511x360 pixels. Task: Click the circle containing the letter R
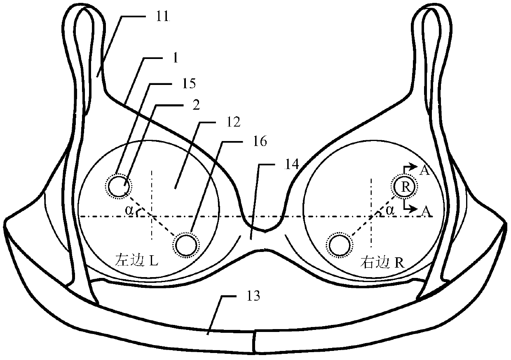[405, 187]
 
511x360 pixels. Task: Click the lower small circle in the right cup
[340, 245]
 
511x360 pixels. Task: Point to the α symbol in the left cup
[130, 210]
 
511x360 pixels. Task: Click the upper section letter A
[424, 171]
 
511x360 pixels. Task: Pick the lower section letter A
[424, 210]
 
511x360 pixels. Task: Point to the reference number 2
[196, 105]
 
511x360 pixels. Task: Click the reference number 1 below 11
[175, 58]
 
